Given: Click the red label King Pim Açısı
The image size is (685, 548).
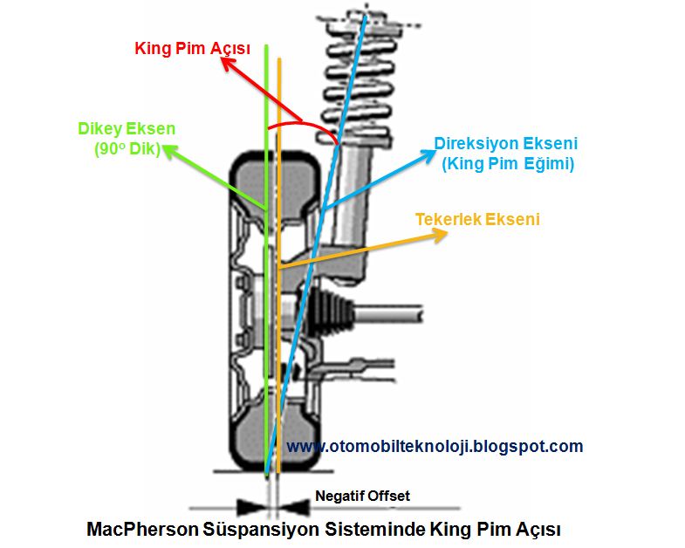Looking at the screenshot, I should click(193, 49).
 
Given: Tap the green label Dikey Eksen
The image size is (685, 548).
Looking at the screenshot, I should click(127, 129).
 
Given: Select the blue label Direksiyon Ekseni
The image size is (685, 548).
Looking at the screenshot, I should click(506, 143).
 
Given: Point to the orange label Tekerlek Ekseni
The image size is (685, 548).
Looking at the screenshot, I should click(477, 219).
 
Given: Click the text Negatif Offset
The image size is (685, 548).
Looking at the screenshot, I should click(362, 496).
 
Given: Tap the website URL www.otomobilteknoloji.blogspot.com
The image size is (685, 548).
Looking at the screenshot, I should click(435, 446).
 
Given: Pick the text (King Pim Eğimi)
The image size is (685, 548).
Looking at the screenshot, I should click(508, 163).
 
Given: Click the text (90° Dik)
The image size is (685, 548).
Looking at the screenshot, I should click(127, 148).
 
